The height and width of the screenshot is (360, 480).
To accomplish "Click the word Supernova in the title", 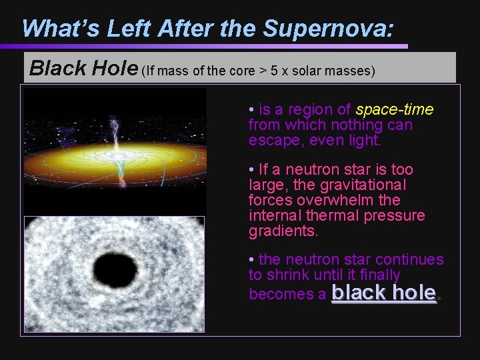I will (x=327, y=28).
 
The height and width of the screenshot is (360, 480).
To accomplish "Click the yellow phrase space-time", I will (x=395, y=109).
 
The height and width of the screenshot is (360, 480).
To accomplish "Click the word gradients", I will (x=283, y=231).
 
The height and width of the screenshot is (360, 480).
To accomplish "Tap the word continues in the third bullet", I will (x=411, y=259).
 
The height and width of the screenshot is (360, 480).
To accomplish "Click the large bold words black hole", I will (x=384, y=292).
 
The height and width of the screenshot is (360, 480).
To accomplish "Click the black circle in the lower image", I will (x=115, y=270).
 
